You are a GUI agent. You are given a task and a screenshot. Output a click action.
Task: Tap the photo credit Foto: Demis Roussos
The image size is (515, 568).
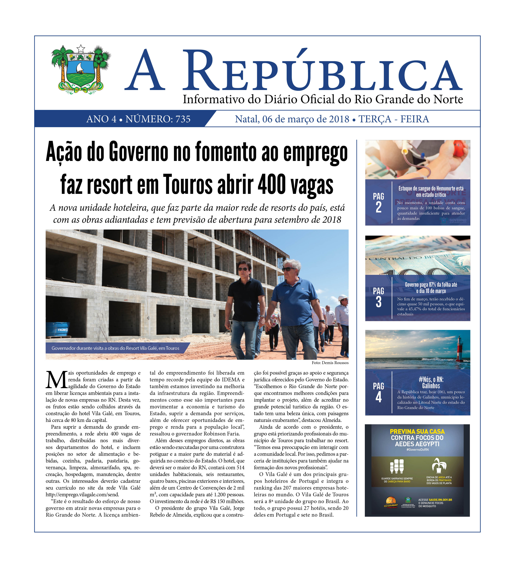pyautogui.click(x=330, y=363)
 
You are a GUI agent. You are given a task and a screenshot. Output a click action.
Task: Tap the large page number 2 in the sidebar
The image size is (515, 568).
pyautogui.click(x=378, y=207)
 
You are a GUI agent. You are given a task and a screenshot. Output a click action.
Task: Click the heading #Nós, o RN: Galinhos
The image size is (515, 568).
pyautogui.click(x=431, y=383)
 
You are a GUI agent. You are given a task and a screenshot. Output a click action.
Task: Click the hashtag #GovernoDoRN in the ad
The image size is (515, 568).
pyautogui.click(x=417, y=449)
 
